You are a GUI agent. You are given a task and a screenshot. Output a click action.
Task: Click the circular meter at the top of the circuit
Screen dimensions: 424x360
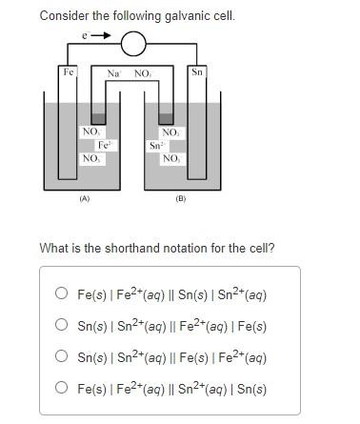pos(133,43)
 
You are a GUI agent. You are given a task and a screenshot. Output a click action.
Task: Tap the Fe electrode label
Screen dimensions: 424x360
pos(68,72)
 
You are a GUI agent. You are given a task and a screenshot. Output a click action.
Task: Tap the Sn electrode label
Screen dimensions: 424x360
pos(197,72)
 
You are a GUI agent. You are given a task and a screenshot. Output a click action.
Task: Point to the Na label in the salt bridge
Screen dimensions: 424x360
pos(113,72)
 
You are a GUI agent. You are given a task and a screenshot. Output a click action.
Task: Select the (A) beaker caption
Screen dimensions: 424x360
pos(84,200)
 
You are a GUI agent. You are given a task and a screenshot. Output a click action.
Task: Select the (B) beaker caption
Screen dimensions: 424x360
pos(181,200)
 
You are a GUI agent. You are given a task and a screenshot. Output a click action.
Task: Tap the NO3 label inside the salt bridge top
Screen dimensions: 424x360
pos(143,72)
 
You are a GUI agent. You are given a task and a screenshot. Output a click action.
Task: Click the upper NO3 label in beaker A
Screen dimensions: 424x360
pos(91,132)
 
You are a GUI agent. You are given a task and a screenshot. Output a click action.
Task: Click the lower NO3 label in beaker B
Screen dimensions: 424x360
pos(171,158)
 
